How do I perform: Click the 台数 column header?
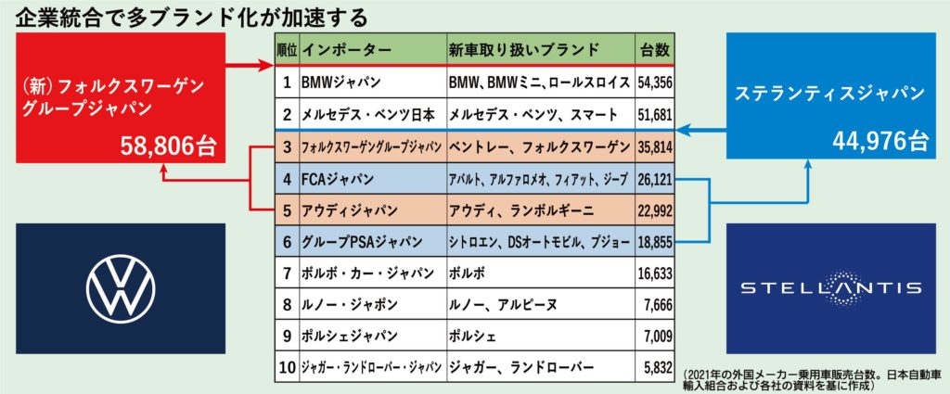tap(655, 49)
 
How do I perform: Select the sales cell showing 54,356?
tap(655, 83)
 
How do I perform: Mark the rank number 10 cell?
tap(287, 367)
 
